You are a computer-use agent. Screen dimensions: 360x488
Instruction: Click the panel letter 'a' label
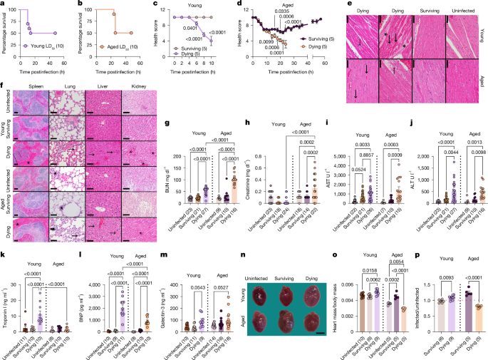pyautogui.click(x=4, y=4)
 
